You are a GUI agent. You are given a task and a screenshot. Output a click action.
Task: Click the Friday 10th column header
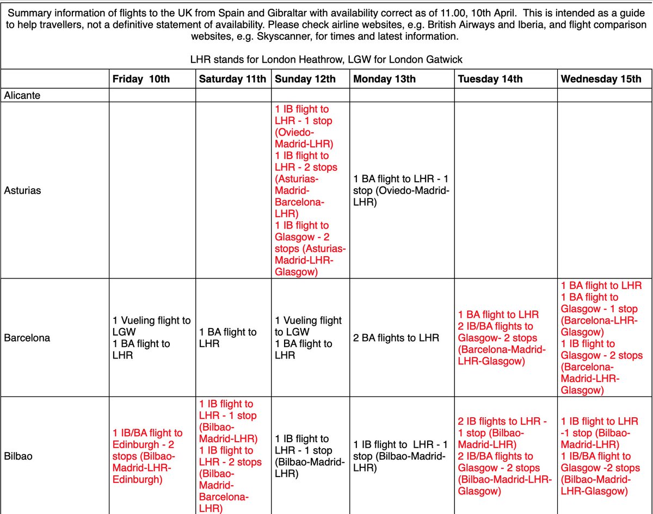tap(141, 79)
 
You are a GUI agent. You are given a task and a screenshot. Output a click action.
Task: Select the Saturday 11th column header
tap(232, 79)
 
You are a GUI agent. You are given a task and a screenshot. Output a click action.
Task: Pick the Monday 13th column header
tap(384, 79)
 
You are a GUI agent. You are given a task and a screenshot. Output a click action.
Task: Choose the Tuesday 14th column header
tap(490, 79)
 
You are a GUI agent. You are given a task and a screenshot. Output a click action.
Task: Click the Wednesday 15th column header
tap(601, 79)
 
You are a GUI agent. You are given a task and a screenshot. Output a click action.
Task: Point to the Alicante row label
tap(22, 95)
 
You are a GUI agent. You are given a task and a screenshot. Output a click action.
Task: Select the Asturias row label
tap(22, 191)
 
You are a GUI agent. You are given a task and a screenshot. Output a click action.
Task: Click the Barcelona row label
tap(27, 338)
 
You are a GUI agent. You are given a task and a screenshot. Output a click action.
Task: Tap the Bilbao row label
tap(18, 456)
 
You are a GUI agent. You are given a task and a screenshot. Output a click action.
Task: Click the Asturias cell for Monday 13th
tap(401, 191)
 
